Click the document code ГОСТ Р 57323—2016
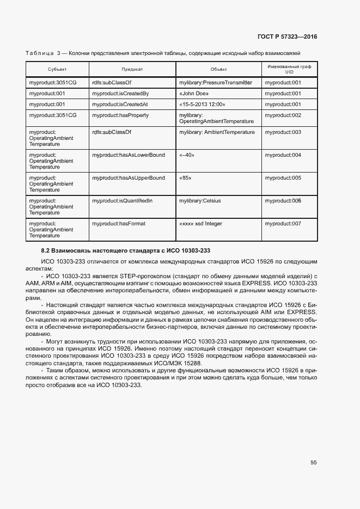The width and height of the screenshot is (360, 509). (x=287, y=37)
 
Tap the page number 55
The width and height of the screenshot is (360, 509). (x=313, y=462)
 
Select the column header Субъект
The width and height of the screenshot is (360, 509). (x=57, y=70)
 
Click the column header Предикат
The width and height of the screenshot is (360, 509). (x=132, y=70)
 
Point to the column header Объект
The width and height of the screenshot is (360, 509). (x=218, y=70)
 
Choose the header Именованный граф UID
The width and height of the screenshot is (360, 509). (x=290, y=69)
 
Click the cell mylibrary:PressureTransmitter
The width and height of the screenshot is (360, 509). (x=216, y=83)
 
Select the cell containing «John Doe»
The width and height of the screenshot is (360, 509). (x=194, y=94)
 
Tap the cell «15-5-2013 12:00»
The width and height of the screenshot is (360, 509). (x=202, y=105)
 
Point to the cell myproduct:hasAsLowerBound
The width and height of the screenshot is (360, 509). (x=129, y=155)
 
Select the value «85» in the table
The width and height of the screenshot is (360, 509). (x=185, y=178)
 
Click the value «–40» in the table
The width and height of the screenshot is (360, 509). (x=187, y=155)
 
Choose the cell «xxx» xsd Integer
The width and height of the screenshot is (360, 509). (x=200, y=224)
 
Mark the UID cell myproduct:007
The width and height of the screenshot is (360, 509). (x=283, y=224)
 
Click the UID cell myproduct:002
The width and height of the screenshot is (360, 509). (x=283, y=115)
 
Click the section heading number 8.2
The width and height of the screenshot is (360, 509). (x=46, y=250)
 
